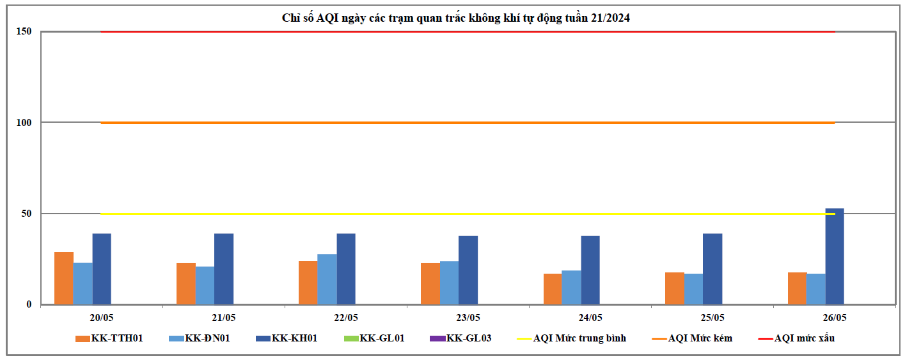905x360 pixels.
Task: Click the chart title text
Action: point(456,18)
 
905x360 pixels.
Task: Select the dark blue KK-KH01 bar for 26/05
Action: point(835,256)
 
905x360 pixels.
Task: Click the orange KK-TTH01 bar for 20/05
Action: point(64,278)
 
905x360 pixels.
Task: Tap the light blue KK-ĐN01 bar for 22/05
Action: point(327,279)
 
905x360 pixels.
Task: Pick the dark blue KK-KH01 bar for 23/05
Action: point(468,270)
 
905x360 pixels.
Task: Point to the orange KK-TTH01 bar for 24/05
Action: point(553,288)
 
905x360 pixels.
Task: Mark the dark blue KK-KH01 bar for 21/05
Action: point(224,269)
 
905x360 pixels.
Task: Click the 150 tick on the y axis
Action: point(24,31)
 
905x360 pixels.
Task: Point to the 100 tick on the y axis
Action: point(24,122)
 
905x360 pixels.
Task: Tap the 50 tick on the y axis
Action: point(26,214)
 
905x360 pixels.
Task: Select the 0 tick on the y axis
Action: point(29,304)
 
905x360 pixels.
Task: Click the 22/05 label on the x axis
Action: point(346,317)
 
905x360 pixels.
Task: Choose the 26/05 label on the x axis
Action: point(835,317)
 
